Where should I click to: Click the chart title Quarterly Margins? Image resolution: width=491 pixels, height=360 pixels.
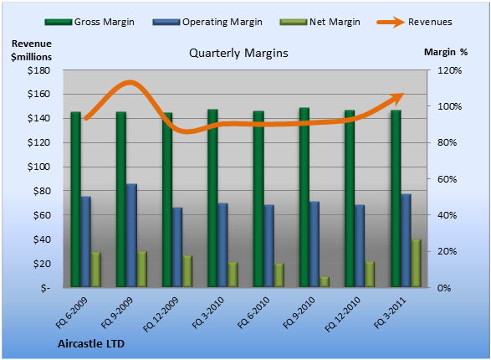coord(238,53)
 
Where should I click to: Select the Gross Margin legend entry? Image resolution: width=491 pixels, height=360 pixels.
coord(90,22)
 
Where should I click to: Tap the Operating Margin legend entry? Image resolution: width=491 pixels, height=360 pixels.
coord(207,22)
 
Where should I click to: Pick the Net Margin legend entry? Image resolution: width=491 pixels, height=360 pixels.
coord(320,22)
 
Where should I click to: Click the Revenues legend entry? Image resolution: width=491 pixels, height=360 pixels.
coord(414,22)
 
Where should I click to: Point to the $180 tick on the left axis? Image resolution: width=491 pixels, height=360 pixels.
coord(38,70)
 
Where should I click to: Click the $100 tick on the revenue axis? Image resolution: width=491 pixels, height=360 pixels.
coord(38,167)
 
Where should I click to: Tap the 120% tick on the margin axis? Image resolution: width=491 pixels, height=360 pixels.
coord(449,70)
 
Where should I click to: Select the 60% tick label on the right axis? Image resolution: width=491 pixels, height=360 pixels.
coord(447,179)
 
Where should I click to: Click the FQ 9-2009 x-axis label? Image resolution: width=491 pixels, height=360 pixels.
coord(117,312)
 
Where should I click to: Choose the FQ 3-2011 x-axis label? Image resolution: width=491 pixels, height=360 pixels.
coord(390,312)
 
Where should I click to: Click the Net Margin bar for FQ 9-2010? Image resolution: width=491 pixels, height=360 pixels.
coord(325,282)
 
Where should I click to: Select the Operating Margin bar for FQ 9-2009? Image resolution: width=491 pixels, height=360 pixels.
coord(131,235)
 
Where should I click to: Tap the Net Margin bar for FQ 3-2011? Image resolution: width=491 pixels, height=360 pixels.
coord(417,263)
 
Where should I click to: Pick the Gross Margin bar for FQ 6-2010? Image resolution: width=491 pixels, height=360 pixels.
coord(258,199)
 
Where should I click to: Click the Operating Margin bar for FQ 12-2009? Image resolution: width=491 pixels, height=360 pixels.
coord(177,247)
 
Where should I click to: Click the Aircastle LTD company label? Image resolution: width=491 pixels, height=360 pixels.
coord(91,344)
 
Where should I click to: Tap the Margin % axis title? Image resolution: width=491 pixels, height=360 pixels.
coord(446,52)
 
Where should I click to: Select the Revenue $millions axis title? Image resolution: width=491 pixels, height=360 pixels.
coord(31,50)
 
